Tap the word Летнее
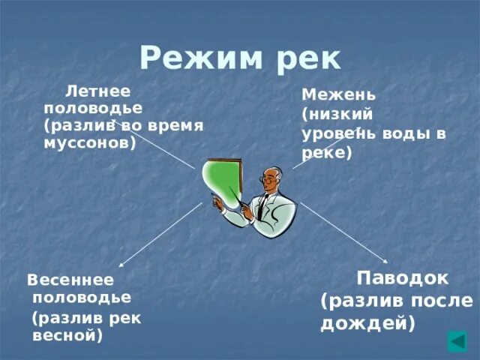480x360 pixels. point(98,91)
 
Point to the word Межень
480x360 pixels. point(338,95)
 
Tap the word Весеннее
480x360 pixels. point(70,280)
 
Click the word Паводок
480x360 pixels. point(402,277)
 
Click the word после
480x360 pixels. point(442,301)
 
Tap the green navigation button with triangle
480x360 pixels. point(457,341)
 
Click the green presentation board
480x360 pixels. point(223,184)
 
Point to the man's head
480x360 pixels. point(271,178)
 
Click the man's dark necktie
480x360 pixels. point(262,207)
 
